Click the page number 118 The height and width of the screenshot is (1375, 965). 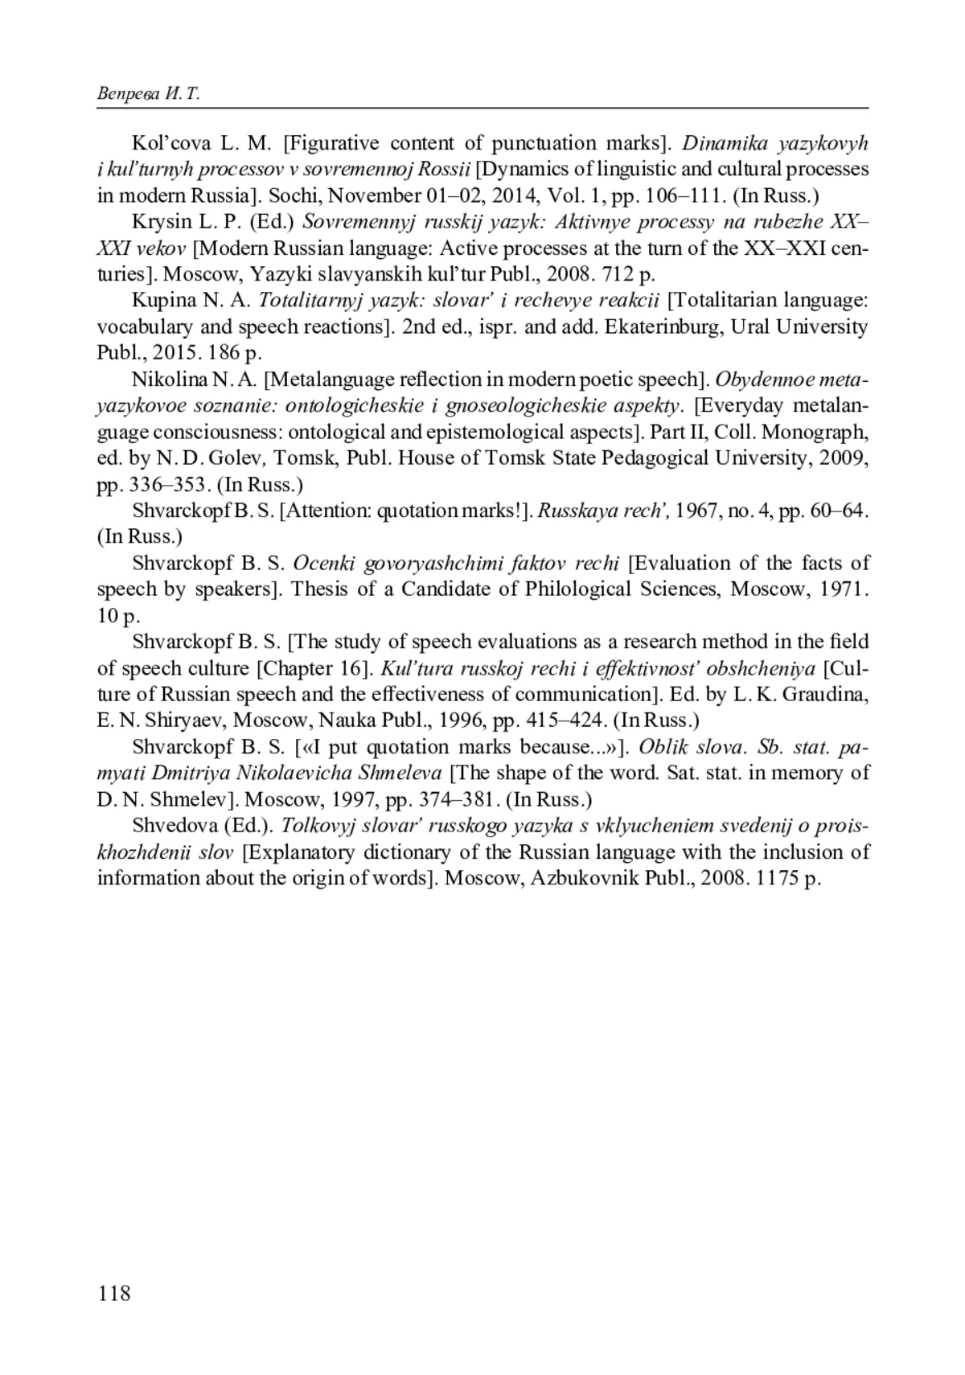coord(113,1293)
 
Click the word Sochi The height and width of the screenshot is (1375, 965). coord(291,196)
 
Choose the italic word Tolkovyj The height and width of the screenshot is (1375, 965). coord(318,826)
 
